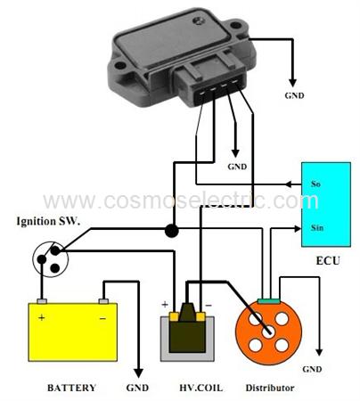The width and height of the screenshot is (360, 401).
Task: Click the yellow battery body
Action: point(73,332)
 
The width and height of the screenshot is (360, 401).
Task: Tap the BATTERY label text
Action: point(71,388)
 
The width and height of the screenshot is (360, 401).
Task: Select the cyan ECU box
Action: point(326,204)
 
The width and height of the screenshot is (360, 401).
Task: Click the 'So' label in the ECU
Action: point(315,184)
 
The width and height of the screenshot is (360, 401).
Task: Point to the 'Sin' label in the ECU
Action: point(317,228)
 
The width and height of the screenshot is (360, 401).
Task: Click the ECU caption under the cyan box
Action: point(328,261)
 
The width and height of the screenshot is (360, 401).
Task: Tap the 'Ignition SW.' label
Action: point(48,221)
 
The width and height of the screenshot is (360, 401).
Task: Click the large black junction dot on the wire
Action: point(171,231)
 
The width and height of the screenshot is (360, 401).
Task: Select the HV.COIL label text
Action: point(201,388)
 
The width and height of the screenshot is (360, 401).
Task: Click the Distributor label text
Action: point(270,388)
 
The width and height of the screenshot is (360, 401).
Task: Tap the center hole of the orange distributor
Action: point(268,331)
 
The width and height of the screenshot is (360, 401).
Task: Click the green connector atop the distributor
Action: point(268,301)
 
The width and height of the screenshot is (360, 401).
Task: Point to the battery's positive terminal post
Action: point(42,301)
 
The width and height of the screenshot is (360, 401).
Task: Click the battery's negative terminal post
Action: point(103,301)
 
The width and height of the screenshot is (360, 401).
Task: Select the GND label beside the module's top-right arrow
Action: point(294,95)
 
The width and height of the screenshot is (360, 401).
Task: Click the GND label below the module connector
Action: point(237,167)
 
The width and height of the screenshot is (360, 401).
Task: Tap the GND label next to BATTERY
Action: point(137,388)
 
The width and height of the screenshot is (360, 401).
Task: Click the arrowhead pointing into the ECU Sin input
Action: point(298,228)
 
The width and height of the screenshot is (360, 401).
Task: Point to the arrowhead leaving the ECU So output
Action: point(289,184)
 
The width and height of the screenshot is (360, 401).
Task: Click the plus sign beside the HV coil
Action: point(165,304)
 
